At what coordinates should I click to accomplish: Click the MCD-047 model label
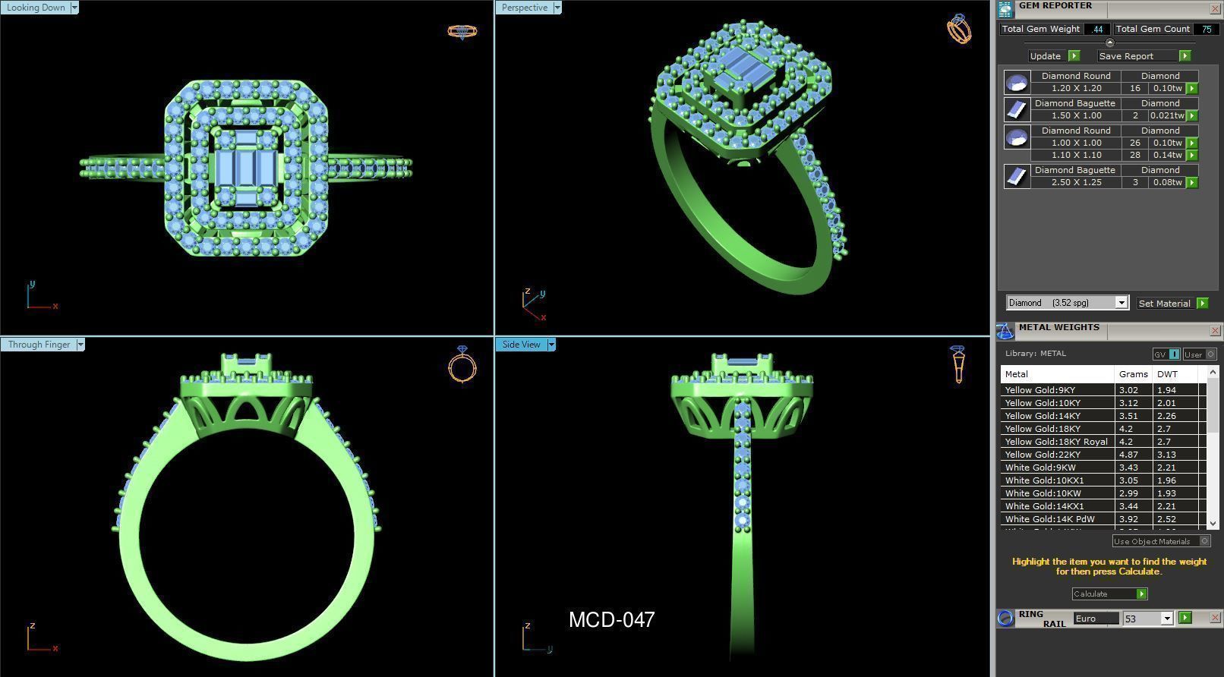pos(611,620)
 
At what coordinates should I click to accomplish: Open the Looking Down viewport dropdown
pos(74,8)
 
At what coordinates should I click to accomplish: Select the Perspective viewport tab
pos(524,8)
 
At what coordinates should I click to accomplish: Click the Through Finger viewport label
pos(39,345)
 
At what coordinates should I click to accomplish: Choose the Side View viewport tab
pos(521,345)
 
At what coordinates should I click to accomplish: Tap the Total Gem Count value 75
pos(1206,29)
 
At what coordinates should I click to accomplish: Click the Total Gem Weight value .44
pos(1096,29)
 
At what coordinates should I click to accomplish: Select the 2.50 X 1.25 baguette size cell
pos(1076,182)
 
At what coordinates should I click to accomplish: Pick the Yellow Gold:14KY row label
pos(1043,416)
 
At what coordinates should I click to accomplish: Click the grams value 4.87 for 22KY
pos(1128,455)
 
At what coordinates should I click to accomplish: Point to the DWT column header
pos(1167,374)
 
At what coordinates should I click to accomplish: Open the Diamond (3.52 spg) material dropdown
pos(1121,303)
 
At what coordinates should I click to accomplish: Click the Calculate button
pos(1109,594)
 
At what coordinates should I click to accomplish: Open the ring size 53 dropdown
pos(1167,619)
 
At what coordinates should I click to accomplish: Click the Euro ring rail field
pos(1095,619)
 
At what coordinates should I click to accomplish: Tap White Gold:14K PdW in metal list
pos(1049,519)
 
